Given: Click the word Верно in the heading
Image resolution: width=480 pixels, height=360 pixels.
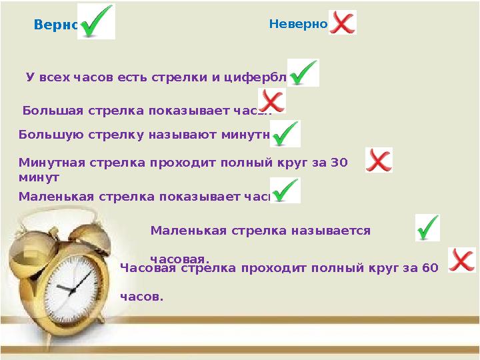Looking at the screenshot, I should tap(56, 25).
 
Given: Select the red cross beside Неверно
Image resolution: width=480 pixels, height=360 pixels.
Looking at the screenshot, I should tap(343, 23).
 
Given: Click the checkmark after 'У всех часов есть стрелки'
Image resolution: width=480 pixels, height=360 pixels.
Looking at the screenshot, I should tap(304, 73).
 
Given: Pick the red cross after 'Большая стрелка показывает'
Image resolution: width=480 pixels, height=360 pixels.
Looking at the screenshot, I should tap(272, 101).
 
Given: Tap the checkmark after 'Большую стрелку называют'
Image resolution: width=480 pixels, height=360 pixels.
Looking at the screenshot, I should tap(285, 133).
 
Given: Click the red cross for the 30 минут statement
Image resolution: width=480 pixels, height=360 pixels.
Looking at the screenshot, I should tap(379, 160).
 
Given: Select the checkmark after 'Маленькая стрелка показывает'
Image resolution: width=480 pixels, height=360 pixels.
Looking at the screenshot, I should tap(285, 190).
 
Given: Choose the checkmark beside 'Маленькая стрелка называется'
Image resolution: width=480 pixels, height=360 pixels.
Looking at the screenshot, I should tap(427, 227).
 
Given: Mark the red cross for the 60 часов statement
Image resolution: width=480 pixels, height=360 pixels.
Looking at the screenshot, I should tap(461, 260).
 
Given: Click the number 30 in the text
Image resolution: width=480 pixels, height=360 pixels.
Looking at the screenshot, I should tap(339, 162).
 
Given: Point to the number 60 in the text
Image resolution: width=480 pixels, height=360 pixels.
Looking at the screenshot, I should tap(429, 268).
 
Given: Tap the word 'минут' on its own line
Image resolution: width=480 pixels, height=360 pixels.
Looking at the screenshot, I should tap(39, 177).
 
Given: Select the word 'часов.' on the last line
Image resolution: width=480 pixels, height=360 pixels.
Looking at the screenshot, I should tap(141, 297).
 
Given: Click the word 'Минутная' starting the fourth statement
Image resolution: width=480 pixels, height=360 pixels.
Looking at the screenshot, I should tap(46, 162).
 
